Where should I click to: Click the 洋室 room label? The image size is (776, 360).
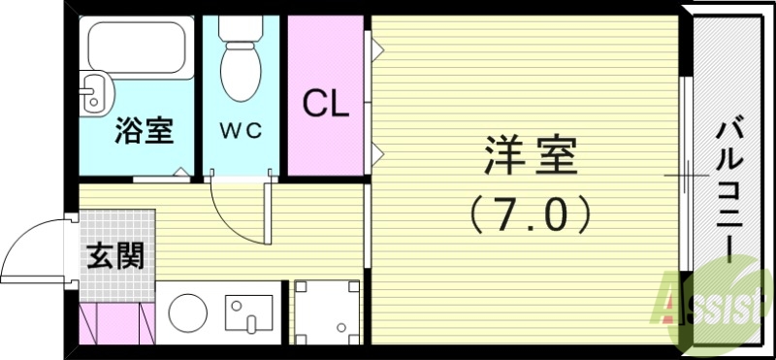(531, 156)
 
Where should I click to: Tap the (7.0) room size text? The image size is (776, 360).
(531, 213)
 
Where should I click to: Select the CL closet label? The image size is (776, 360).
(326, 102)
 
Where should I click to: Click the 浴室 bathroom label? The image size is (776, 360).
(144, 131)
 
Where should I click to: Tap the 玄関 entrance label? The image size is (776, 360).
(115, 256)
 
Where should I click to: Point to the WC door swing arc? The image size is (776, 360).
(233, 218)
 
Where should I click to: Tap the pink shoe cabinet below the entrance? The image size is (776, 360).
(115, 323)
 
